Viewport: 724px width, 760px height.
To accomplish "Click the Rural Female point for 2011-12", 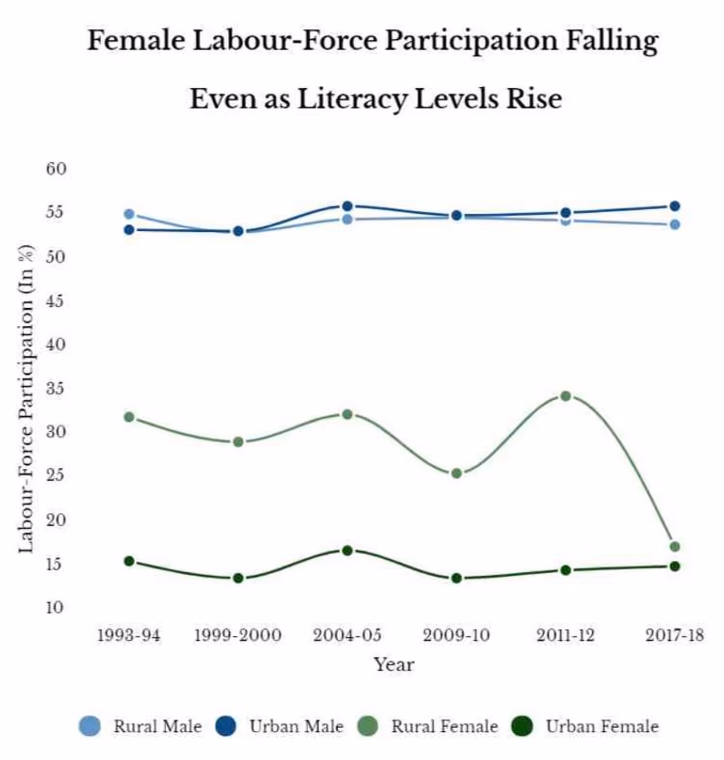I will tap(565, 396).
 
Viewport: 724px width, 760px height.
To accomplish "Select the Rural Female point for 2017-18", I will tap(674, 546).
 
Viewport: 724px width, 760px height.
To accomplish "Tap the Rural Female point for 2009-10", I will tap(456, 473).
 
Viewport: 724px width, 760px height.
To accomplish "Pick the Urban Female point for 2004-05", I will tap(347, 550).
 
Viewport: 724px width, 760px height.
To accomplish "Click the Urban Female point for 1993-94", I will tap(129, 561).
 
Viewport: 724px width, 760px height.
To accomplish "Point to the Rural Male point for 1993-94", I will tap(129, 214).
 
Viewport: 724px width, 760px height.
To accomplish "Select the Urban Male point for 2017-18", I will tap(674, 206).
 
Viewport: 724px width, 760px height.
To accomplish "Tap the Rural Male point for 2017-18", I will tap(674, 224).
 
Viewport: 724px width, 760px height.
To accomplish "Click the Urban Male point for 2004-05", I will tap(347, 206).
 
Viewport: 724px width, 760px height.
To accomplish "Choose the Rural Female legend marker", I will tap(369, 726).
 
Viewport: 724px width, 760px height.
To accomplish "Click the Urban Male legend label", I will tap(296, 726).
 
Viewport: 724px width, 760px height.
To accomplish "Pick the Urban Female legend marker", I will tap(522, 726).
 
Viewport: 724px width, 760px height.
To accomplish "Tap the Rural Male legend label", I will tap(157, 726).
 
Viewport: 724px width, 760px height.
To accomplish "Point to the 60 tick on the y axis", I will tap(56, 169).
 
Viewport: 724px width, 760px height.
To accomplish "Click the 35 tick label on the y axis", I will tap(56, 388).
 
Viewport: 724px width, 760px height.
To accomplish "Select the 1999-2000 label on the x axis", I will tap(238, 636).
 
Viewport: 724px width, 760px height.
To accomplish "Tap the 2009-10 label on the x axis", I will tap(456, 636).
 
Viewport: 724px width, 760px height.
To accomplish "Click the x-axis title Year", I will tap(394, 664).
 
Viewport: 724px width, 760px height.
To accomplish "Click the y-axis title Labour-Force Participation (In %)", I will tap(25, 399).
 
